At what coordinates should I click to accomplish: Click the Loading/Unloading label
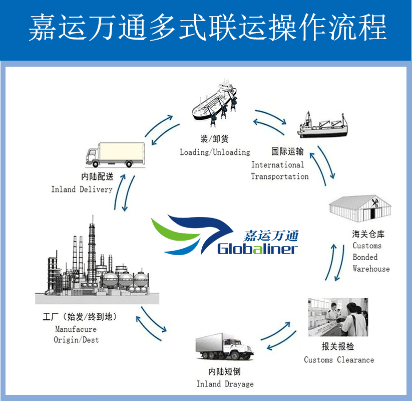(x=215, y=152)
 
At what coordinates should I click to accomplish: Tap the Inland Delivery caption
(x=82, y=189)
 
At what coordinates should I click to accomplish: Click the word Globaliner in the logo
(x=257, y=249)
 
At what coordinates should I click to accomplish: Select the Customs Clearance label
(x=338, y=360)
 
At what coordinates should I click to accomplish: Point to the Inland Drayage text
(x=225, y=384)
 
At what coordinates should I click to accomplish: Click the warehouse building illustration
(x=359, y=208)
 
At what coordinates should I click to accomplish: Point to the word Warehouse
(x=371, y=269)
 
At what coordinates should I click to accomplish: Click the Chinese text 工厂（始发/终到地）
(x=80, y=318)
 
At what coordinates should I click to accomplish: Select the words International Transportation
(x=279, y=170)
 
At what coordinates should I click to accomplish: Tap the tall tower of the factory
(x=92, y=246)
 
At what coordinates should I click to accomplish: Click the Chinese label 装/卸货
(x=215, y=139)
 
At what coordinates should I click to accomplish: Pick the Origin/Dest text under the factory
(x=77, y=340)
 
